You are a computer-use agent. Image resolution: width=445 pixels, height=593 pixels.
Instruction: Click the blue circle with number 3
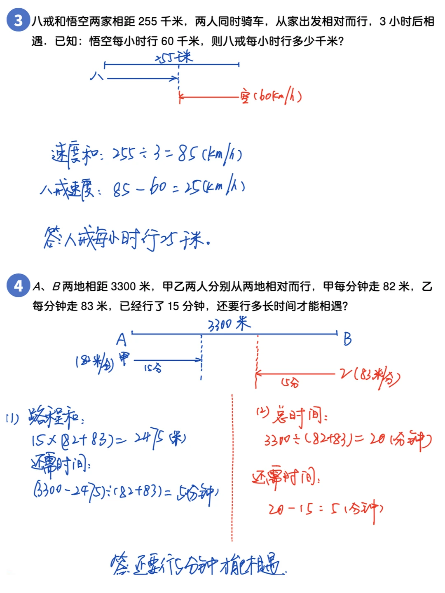click(18, 20)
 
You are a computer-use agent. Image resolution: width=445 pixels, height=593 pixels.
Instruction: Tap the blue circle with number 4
click(18, 285)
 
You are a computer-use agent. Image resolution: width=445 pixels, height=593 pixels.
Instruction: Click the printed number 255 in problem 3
click(148, 21)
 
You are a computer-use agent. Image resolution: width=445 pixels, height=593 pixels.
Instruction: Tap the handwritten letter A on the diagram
click(121, 339)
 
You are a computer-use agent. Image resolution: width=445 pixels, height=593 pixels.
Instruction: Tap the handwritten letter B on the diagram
click(347, 339)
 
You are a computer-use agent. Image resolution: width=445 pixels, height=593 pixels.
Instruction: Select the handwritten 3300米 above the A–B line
click(229, 325)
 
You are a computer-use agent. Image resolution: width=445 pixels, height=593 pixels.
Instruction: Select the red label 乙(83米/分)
click(369, 376)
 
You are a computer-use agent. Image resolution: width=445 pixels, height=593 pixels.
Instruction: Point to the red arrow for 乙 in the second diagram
click(295, 374)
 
